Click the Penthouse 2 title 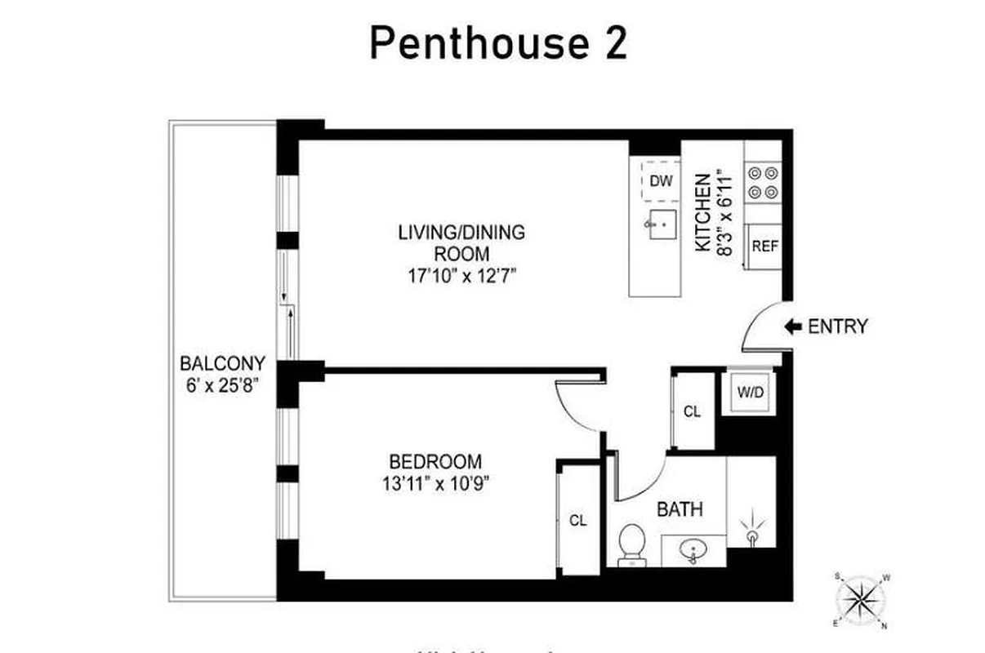coord(498,42)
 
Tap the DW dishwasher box coord(662,181)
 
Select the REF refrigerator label coord(764,247)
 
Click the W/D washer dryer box coord(750,392)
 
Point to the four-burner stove coord(764,183)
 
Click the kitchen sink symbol coord(662,222)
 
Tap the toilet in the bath coord(631,544)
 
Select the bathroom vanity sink coord(693,551)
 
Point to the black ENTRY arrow coord(792,326)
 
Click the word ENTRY coord(837,327)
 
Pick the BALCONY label coord(222,363)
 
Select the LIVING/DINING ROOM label coord(461,242)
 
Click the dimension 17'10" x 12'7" coord(461,276)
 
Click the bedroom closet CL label coord(578,520)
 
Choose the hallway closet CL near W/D coord(692,412)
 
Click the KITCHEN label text coord(701,212)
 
